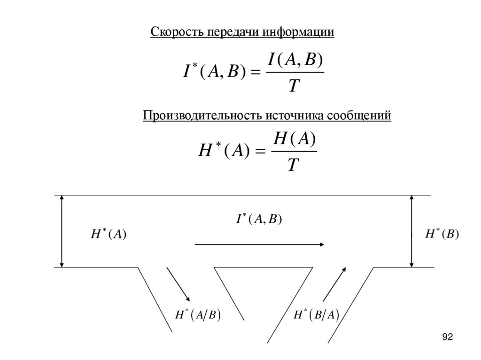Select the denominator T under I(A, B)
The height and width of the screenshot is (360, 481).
[294, 85]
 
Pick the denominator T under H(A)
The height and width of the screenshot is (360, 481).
[293, 165]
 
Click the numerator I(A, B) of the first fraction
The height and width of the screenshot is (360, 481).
[295, 60]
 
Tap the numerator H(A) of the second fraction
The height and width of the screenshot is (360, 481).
[295, 139]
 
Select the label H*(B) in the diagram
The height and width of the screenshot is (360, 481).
[442, 234]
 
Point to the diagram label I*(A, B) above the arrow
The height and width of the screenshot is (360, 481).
[258, 219]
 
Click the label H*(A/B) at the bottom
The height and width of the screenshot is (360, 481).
[198, 314]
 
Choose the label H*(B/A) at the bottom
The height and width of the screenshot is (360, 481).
[316, 314]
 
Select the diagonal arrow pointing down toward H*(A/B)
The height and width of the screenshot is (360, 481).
[178, 284]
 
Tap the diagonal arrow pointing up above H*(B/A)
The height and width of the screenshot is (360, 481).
[334, 284]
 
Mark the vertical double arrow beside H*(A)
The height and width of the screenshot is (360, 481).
[62, 231]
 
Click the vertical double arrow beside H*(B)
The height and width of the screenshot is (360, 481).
[411, 231]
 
